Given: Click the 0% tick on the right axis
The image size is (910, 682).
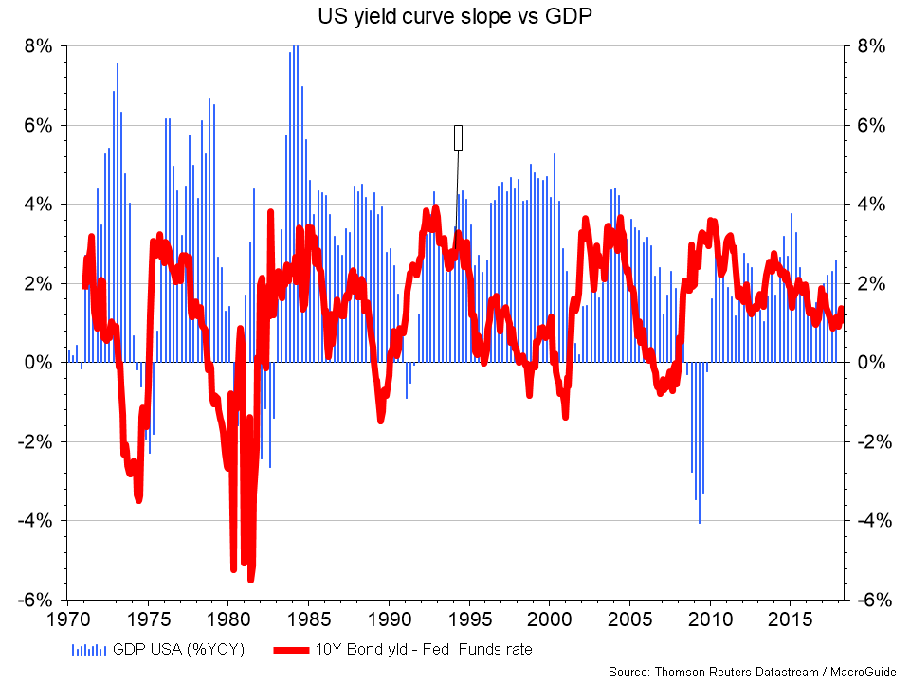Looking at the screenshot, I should coord(868,363).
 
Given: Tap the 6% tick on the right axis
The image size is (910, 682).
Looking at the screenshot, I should coord(868,125).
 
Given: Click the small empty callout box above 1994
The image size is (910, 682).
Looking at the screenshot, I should coord(459,137).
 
